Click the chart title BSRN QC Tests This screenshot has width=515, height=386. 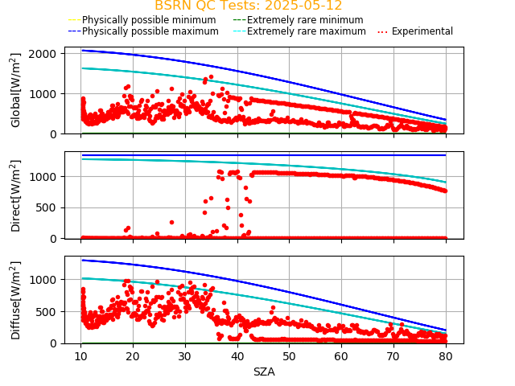click(248, 6)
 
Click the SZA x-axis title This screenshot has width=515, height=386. click(264, 372)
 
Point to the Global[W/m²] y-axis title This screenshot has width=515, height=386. click(16, 90)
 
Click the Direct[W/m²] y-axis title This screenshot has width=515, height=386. click(16, 195)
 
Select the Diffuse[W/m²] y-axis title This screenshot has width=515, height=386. click(16, 299)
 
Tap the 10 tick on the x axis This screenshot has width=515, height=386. click(80, 356)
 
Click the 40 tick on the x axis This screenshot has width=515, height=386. click(237, 356)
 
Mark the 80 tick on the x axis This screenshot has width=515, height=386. click(446, 356)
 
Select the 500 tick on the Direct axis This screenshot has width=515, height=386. click(47, 207)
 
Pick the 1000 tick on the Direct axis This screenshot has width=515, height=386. click(44, 175)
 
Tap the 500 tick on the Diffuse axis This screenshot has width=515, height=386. click(47, 311)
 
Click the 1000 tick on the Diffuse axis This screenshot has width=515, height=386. click(44, 279)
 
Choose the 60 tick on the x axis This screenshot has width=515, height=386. click(341, 356)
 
